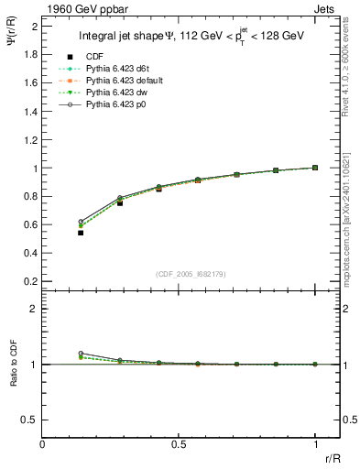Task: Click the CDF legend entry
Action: point(93,57)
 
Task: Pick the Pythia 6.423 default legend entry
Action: point(122,81)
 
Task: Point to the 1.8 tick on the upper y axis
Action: point(30,54)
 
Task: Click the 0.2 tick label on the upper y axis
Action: point(30,280)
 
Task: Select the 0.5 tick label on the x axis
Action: point(179,444)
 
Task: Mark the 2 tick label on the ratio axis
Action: point(34,309)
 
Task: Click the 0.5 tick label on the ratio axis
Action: point(30,420)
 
